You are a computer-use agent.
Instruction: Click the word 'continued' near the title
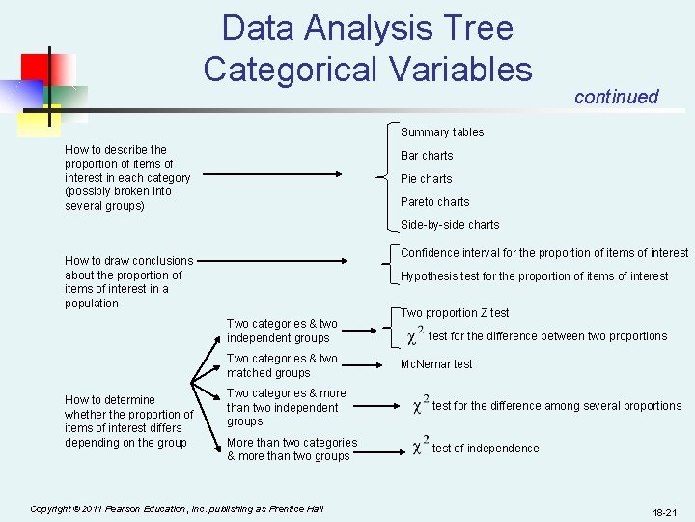[616, 97]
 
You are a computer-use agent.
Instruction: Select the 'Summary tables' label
[442, 132]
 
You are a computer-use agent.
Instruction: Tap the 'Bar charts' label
[427, 156]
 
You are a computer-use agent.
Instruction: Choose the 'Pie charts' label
[426, 179]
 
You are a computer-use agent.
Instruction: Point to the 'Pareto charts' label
[434, 202]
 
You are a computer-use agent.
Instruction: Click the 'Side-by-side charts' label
[450, 225]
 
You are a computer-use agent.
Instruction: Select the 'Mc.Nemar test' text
[436, 364]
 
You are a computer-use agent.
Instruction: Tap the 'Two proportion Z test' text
[455, 313]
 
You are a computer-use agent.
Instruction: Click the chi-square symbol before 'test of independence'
[420, 446]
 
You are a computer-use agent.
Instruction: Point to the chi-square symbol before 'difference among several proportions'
[420, 403]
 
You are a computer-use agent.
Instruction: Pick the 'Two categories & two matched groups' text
[282, 365]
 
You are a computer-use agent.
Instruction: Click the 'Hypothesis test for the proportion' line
[534, 276]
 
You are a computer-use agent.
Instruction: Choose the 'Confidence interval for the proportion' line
[544, 253]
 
